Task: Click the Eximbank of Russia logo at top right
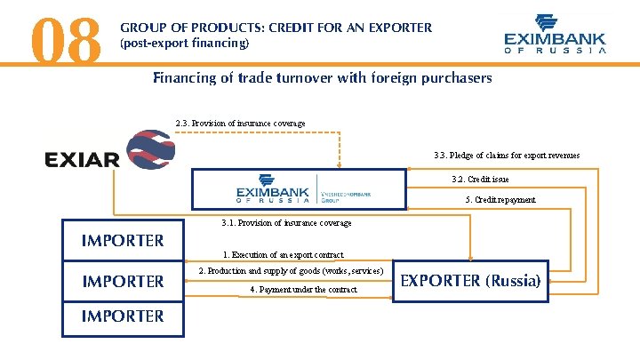click(555, 35)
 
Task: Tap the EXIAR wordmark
click(82, 160)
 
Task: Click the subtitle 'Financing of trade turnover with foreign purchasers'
click(322, 78)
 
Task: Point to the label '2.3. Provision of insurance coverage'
click(240, 123)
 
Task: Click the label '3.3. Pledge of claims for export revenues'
click(507, 156)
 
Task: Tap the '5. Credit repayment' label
click(500, 200)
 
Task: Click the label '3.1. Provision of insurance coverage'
click(286, 223)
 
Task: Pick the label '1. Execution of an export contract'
click(283, 255)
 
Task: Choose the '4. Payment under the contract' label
click(303, 290)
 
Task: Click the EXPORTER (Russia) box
click(470, 281)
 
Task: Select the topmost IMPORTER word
click(123, 240)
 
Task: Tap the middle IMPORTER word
click(123, 282)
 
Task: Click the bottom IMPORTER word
click(123, 316)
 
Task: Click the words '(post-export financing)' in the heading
click(184, 43)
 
